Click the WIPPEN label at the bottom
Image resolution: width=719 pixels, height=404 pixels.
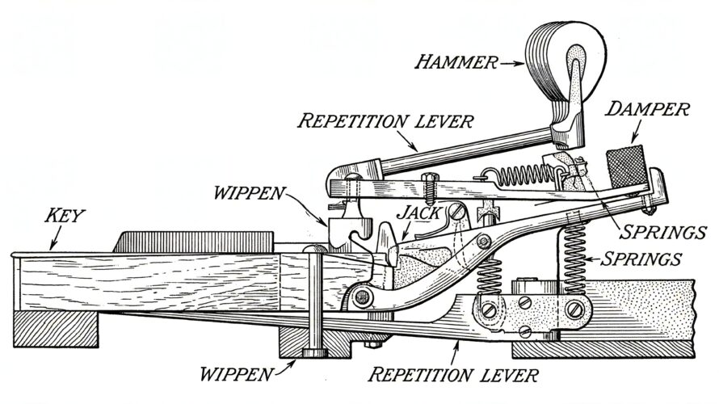pos(239,374)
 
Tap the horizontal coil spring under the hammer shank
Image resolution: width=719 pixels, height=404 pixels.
pos(523,174)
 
